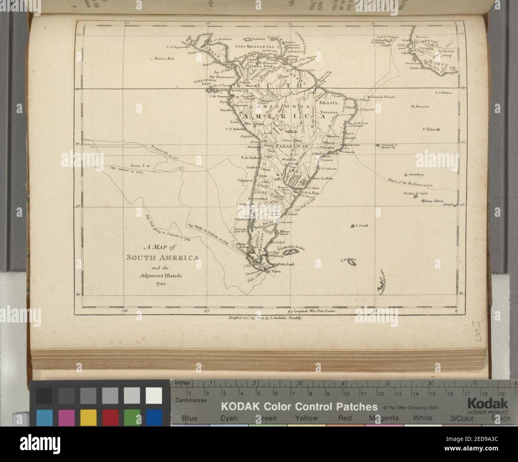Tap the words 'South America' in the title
(162, 257)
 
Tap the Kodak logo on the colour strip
(488, 402)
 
